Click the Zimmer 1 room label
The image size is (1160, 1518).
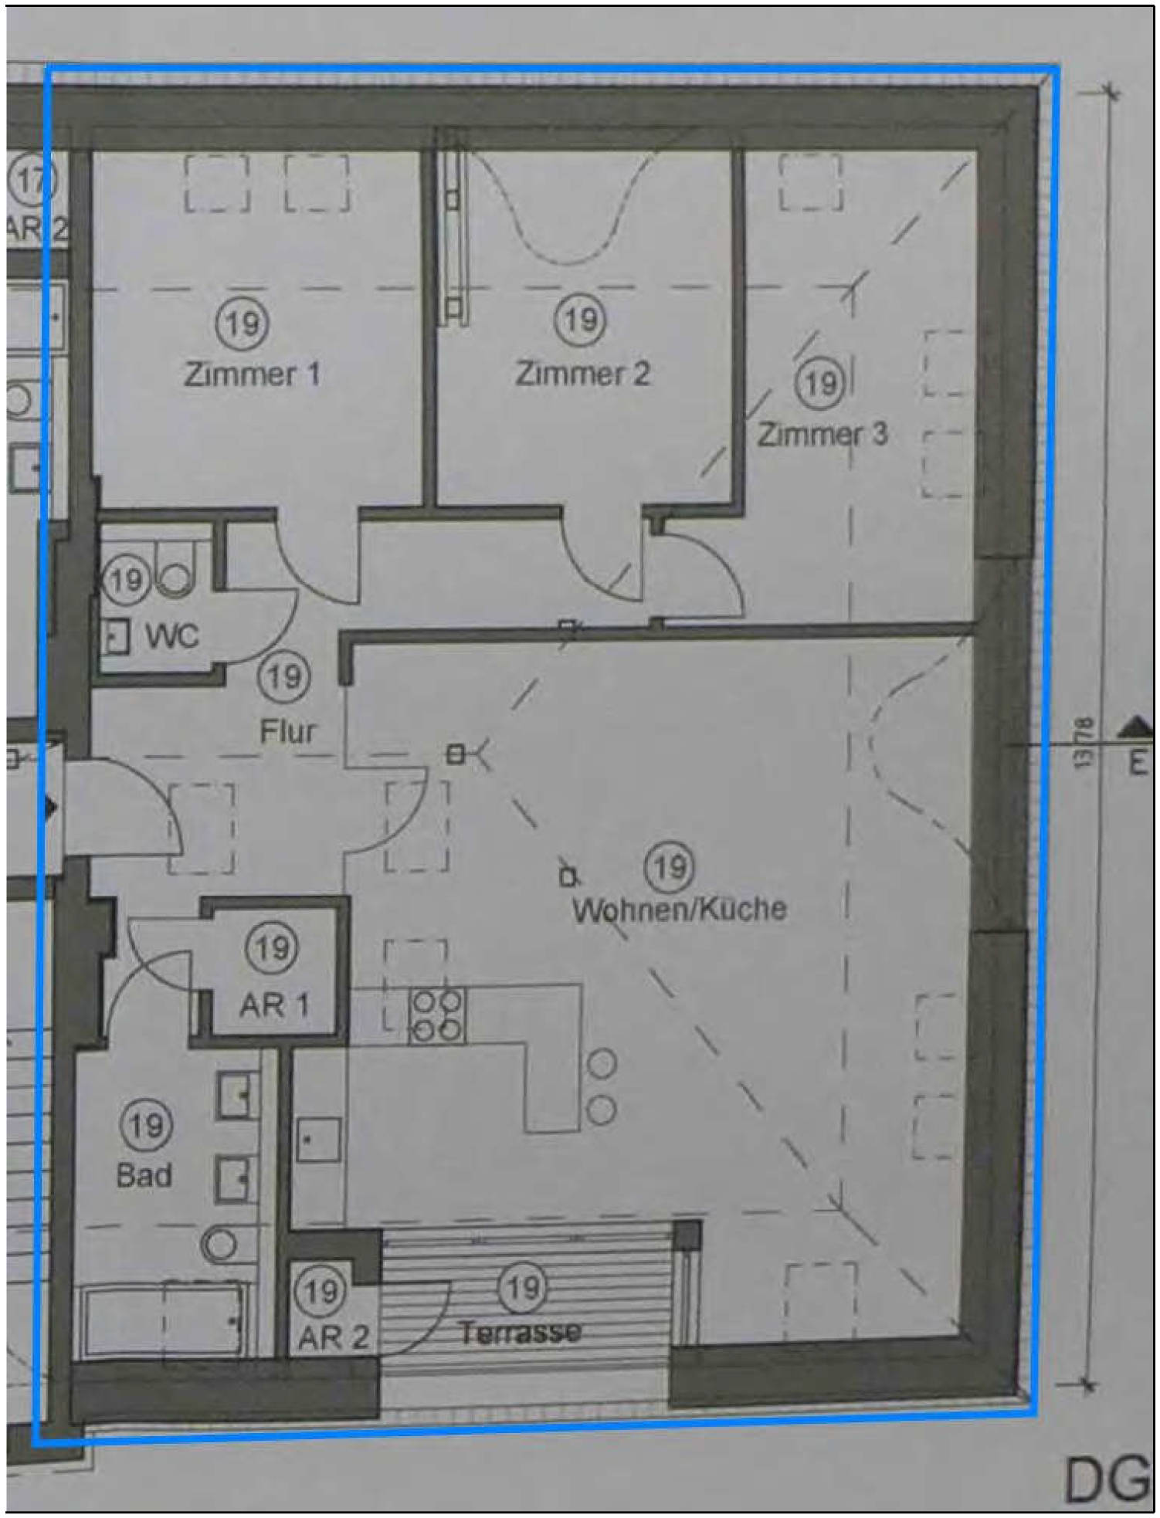252,374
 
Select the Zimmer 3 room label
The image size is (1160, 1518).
822,434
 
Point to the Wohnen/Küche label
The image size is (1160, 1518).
679,909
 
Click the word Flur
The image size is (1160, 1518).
287,730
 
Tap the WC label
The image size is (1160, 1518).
172,636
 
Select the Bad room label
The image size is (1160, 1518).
144,1175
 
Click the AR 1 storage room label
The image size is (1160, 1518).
273,1005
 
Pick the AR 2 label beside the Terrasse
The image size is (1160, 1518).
334,1338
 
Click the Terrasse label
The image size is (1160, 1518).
519,1332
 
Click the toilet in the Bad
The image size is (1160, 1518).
219,1244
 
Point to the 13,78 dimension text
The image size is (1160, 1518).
1083,743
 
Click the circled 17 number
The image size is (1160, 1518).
31,181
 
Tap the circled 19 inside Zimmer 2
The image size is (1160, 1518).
581,320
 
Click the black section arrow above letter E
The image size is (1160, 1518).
1135,726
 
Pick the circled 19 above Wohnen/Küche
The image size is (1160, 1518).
669,866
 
